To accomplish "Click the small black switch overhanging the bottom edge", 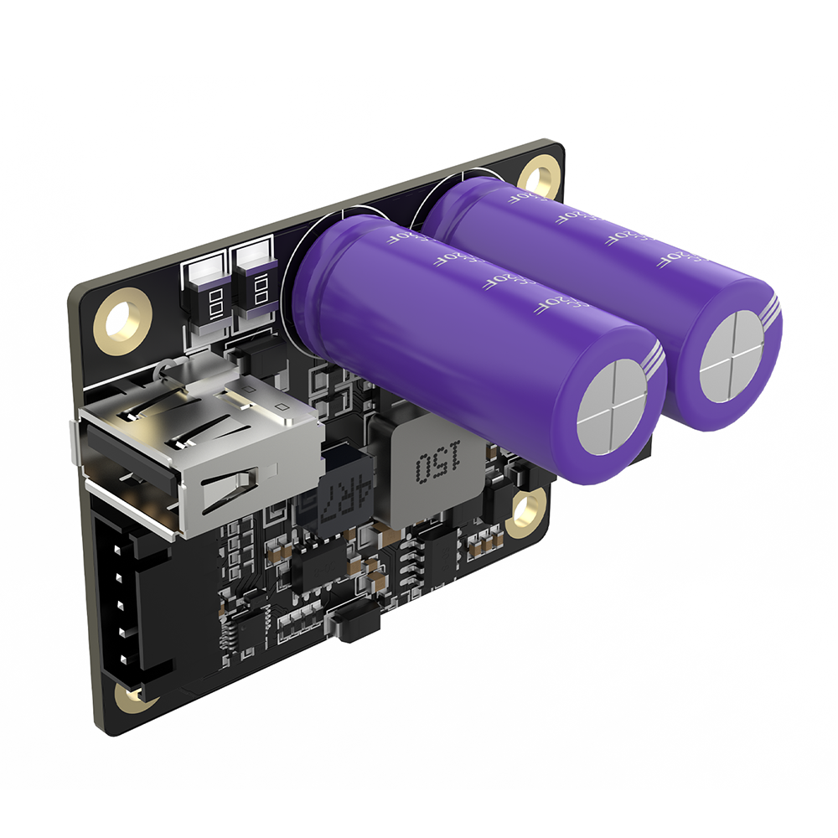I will tap(353, 625).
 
